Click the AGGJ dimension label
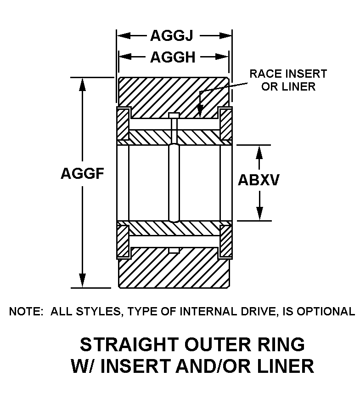[173, 35]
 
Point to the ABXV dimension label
[259, 180]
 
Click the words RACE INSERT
[288, 74]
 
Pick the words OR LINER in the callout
[288, 86]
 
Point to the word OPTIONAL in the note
[326, 312]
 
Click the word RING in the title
[280, 344]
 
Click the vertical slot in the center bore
[174, 183]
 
